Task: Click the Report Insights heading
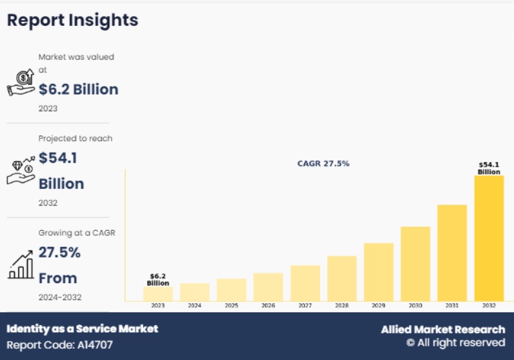point(72,20)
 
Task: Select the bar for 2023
point(158,294)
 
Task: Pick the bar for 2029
point(378,271)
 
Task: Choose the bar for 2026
point(268,286)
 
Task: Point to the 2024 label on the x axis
point(194,306)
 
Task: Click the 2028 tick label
point(342,306)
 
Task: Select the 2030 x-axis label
point(415,306)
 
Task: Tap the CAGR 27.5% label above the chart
point(323,164)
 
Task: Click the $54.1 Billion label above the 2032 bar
point(489,168)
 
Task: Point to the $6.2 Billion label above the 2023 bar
point(158,279)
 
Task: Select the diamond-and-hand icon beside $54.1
point(21,170)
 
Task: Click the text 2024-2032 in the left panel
point(60,297)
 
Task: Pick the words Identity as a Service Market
point(82,329)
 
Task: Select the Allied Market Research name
point(443,330)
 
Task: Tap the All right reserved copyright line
point(455,343)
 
